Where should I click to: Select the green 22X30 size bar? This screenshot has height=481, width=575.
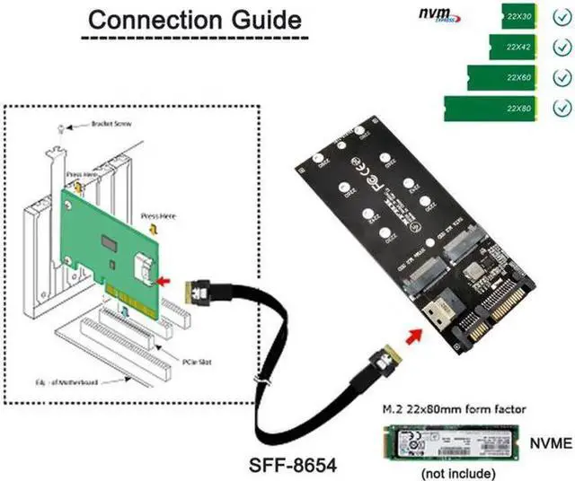[x=517, y=15]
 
